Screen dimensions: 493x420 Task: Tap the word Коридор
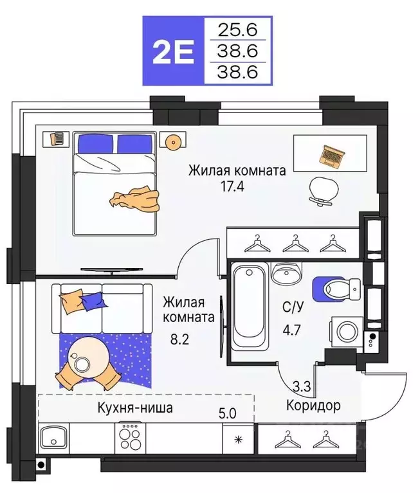point(313,406)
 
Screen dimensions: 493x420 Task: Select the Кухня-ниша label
point(135,407)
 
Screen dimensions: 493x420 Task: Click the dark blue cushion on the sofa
point(93,300)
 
